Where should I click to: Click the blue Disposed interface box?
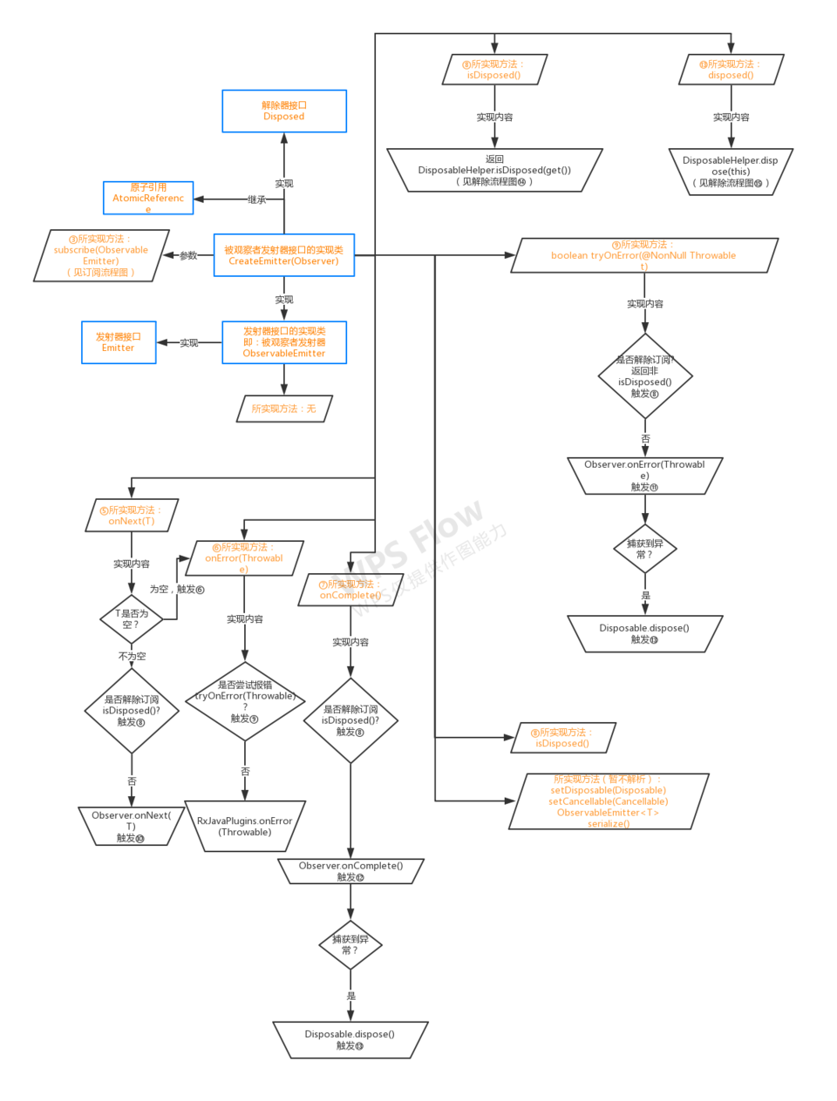[x=284, y=111]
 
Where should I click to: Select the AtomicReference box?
[x=148, y=198]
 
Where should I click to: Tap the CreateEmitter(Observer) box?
[x=284, y=255]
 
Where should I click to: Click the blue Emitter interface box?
[x=119, y=342]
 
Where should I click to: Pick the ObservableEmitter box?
[x=284, y=342]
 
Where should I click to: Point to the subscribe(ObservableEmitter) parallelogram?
[x=101, y=255]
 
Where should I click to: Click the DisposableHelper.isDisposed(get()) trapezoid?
[x=494, y=170]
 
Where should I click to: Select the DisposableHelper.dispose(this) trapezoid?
[x=731, y=172]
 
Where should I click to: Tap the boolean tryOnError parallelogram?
[x=643, y=255]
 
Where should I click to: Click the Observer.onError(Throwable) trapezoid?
[x=644, y=476]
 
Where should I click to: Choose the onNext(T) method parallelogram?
[x=132, y=515]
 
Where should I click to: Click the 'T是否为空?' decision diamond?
[x=132, y=619]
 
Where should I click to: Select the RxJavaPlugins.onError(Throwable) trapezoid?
[x=245, y=826]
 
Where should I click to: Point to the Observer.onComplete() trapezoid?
[x=350, y=871]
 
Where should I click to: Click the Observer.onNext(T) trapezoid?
[x=131, y=826]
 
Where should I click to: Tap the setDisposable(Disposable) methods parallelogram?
[x=609, y=801]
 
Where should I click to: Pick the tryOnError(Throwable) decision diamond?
[x=245, y=701]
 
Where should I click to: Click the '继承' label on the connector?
[x=256, y=199]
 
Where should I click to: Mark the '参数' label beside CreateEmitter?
[x=188, y=255]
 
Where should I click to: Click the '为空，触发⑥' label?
[x=177, y=590]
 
